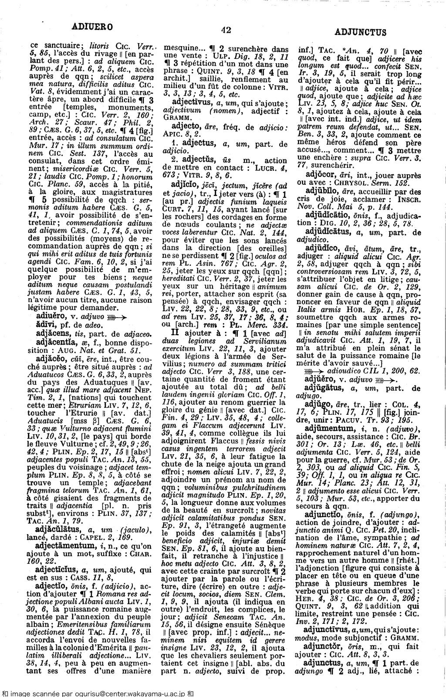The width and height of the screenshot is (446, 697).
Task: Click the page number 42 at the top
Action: (x=226, y=30)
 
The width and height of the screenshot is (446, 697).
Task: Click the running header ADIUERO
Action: (x=93, y=27)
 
